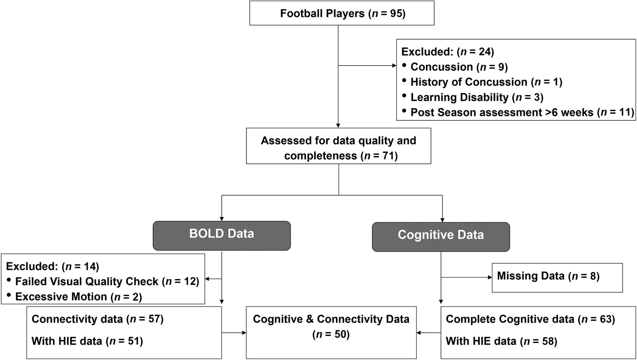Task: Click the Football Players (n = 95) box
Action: (342, 13)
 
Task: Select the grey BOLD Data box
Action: (222, 234)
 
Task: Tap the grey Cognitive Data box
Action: (441, 235)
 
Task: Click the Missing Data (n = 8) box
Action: (557, 276)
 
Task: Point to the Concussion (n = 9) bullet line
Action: (459, 67)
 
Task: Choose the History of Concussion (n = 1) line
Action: (486, 82)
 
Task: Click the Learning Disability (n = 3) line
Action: (477, 97)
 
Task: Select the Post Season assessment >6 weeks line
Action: (522, 113)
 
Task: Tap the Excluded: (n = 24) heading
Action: (447, 52)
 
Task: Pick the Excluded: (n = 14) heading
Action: (52, 266)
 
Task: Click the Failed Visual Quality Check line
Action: (107, 281)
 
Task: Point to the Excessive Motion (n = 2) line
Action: (78, 297)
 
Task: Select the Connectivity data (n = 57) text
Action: (97, 319)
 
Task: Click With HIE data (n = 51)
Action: (87, 341)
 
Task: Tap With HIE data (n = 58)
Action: (501, 341)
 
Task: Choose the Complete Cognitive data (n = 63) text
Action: (530, 319)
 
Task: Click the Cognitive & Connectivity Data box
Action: (331, 326)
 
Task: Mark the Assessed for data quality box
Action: (338, 148)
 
